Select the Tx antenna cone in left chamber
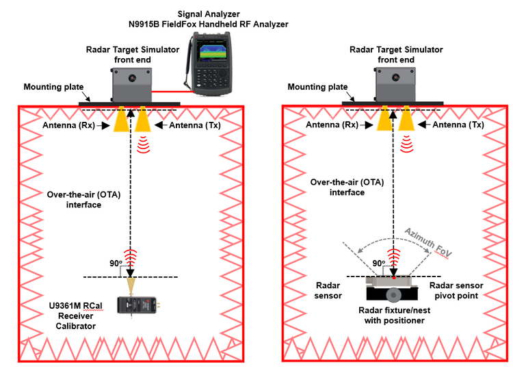(x=142, y=120)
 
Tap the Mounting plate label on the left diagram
(x=53, y=87)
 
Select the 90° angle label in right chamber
(x=378, y=263)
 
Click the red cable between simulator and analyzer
(x=169, y=89)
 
